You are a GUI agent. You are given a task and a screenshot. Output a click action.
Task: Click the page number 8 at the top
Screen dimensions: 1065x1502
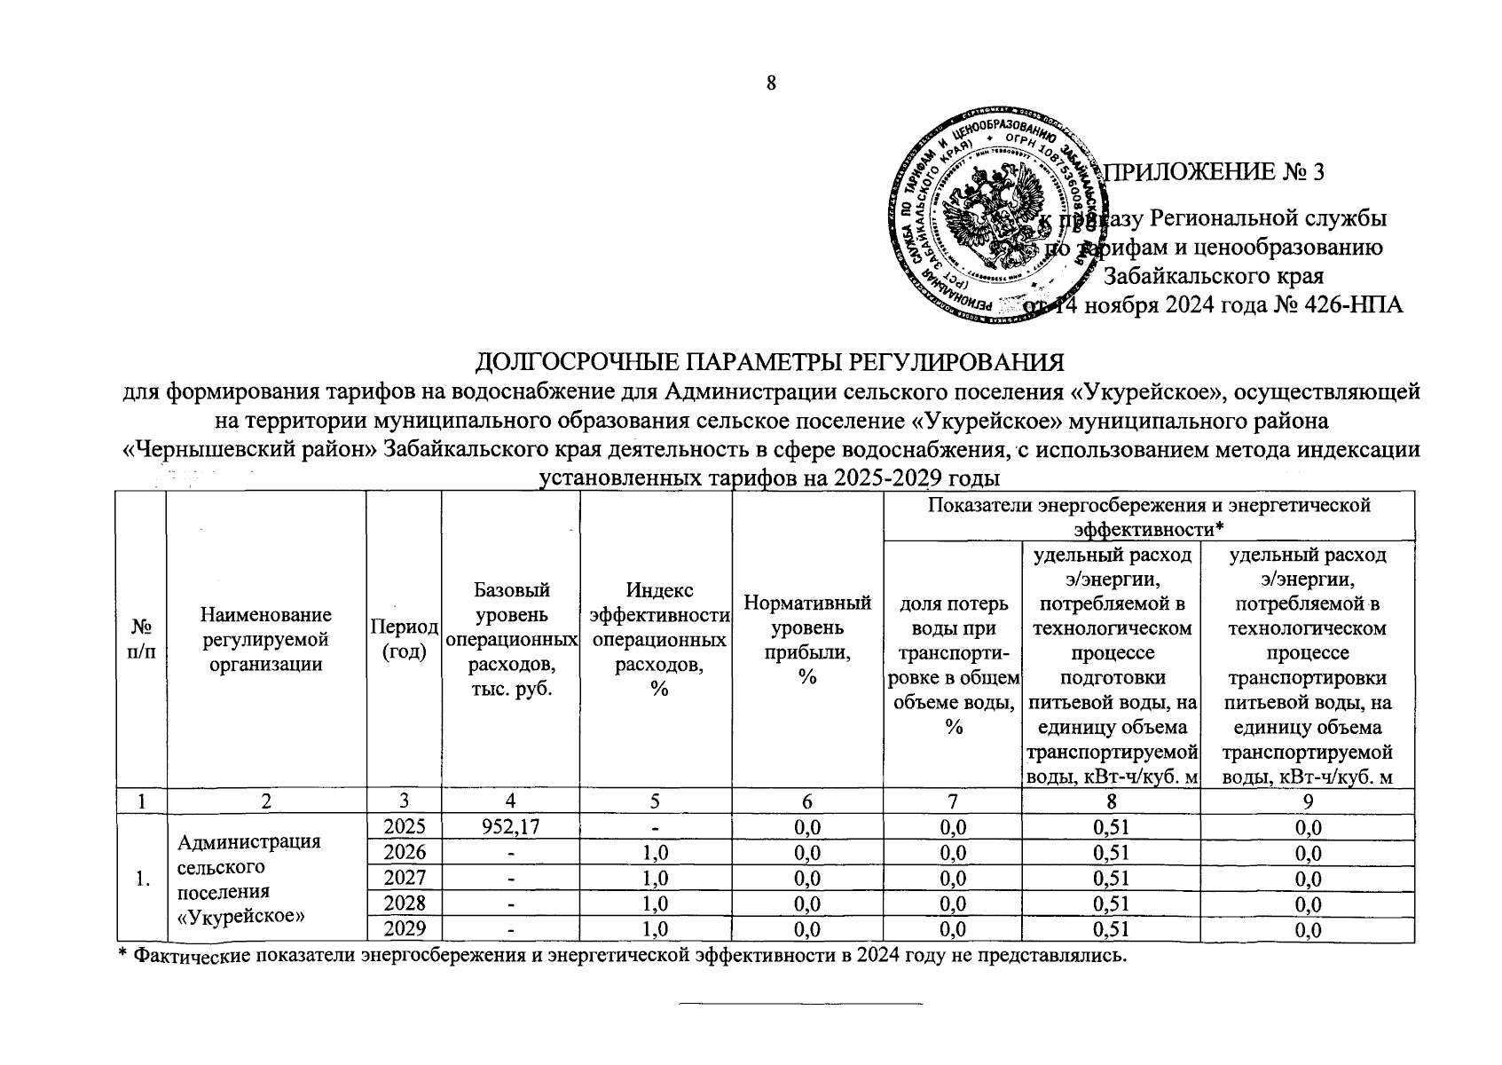tap(771, 83)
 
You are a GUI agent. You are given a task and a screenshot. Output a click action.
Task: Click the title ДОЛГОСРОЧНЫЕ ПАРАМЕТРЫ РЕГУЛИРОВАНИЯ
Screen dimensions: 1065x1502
tap(769, 363)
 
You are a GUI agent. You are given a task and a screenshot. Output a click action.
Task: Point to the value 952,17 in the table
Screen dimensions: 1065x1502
tap(510, 827)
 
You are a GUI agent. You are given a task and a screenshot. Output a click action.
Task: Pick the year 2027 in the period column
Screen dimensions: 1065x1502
tap(404, 878)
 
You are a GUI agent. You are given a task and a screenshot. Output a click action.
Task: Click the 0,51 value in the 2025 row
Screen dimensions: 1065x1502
tap(1111, 827)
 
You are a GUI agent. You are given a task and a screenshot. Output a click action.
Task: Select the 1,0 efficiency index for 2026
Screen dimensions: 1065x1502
tap(655, 853)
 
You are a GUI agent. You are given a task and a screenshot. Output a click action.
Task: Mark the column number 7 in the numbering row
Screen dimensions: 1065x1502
tap(952, 801)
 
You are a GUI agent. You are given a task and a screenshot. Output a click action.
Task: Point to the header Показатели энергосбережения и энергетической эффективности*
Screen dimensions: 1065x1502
tap(1148, 517)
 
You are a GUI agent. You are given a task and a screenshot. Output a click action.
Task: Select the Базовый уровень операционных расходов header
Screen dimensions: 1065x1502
tap(510, 639)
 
